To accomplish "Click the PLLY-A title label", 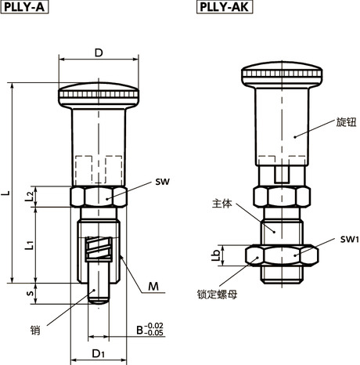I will point(22,9).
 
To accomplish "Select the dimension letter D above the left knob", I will point(99,52).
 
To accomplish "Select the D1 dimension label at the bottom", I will point(98,354).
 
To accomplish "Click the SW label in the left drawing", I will point(163,182).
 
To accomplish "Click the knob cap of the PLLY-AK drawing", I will point(279,76).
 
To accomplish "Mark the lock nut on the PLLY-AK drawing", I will point(281,255).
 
